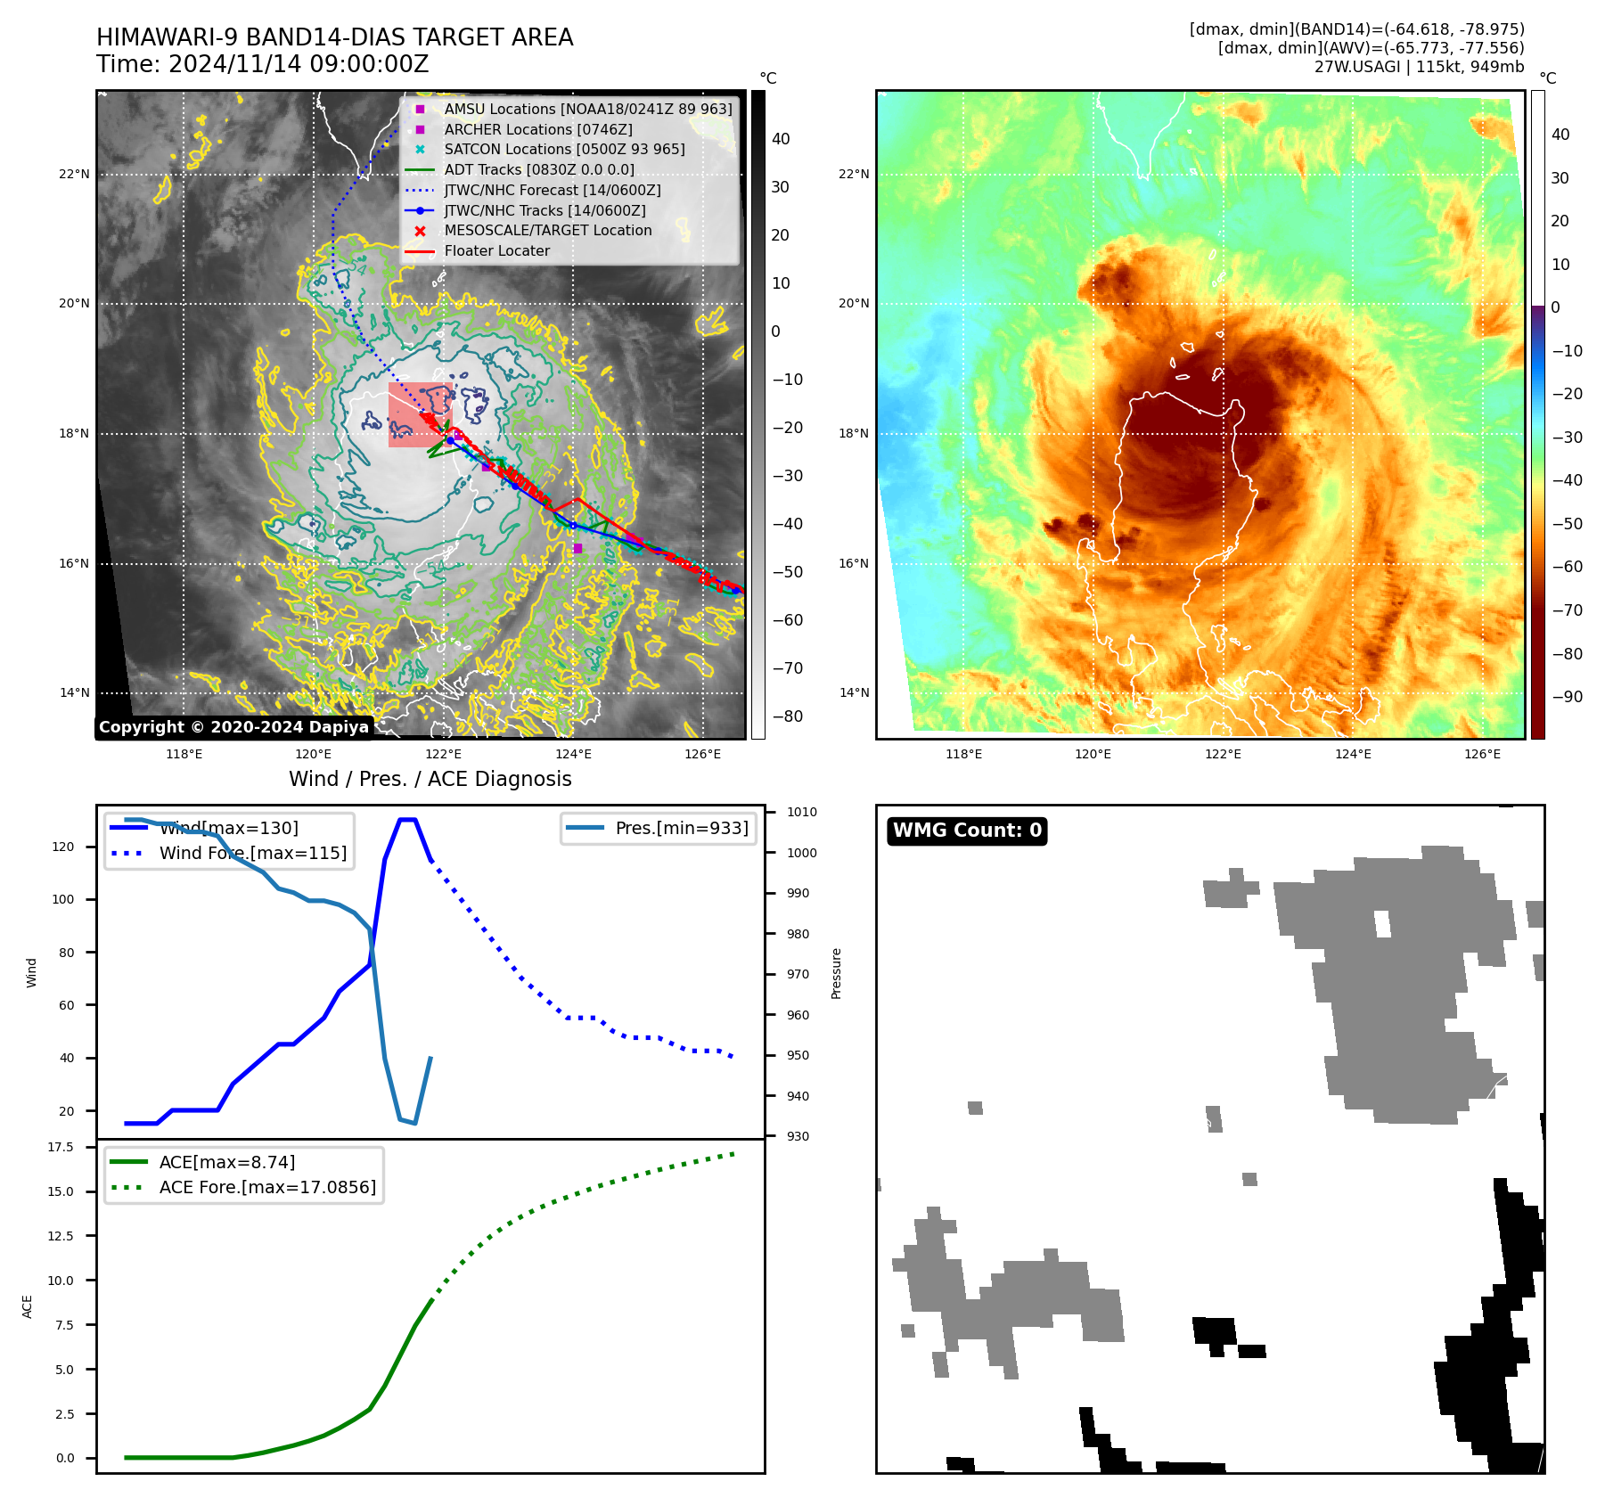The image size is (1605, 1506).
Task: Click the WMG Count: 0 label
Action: coord(967,831)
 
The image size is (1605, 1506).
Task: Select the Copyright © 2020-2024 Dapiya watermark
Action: coord(233,727)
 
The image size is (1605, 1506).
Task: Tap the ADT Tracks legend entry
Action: coord(539,169)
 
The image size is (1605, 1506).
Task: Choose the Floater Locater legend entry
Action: coord(496,251)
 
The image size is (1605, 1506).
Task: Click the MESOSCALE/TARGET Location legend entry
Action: coord(547,231)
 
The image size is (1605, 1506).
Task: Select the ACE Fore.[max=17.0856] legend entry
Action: coord(267,1187)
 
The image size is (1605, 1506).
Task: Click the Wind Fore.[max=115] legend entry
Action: coord(252,853)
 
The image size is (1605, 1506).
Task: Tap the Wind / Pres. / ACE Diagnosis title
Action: coord(430,779)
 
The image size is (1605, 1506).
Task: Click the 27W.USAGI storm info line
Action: coord(1419,67)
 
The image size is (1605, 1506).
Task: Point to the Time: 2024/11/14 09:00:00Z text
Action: coord(263,65)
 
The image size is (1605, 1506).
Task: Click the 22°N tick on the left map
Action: coord(74,175)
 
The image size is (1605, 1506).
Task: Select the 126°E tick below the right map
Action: coord(1482,755)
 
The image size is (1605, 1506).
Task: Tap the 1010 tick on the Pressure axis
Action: coord(801,813)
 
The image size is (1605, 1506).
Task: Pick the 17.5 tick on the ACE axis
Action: coord(61,1147)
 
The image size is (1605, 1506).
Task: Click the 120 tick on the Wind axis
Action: coord(63,847)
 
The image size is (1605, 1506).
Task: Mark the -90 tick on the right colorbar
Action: coord(1567,697)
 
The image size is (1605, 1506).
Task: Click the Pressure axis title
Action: coord(836,973)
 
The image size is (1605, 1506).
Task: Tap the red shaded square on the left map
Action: coord(420,414)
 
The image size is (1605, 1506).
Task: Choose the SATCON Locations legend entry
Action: coord(564,150)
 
